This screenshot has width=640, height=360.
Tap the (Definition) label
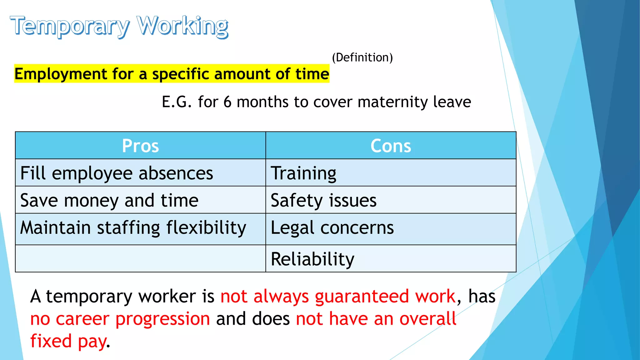(362, 57)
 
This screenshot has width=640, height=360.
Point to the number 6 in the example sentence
(227, 102)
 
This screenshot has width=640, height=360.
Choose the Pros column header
(140, 146)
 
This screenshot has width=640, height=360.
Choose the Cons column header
(391, 146)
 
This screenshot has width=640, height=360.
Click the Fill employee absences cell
(117, 173)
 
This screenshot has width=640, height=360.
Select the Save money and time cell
(109, 200)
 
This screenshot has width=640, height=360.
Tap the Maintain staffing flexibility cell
(133, 228)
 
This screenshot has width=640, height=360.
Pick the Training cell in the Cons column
(303, 173)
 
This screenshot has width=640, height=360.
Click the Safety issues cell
(323, 200)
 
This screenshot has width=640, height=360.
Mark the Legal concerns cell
(332, 228)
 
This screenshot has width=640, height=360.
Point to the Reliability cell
(312, 259)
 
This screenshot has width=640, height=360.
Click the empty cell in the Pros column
(140, 258)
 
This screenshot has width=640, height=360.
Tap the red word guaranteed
(362, 296)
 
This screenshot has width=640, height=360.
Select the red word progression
(162, 319)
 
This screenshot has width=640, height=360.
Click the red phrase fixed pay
(68, 341)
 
